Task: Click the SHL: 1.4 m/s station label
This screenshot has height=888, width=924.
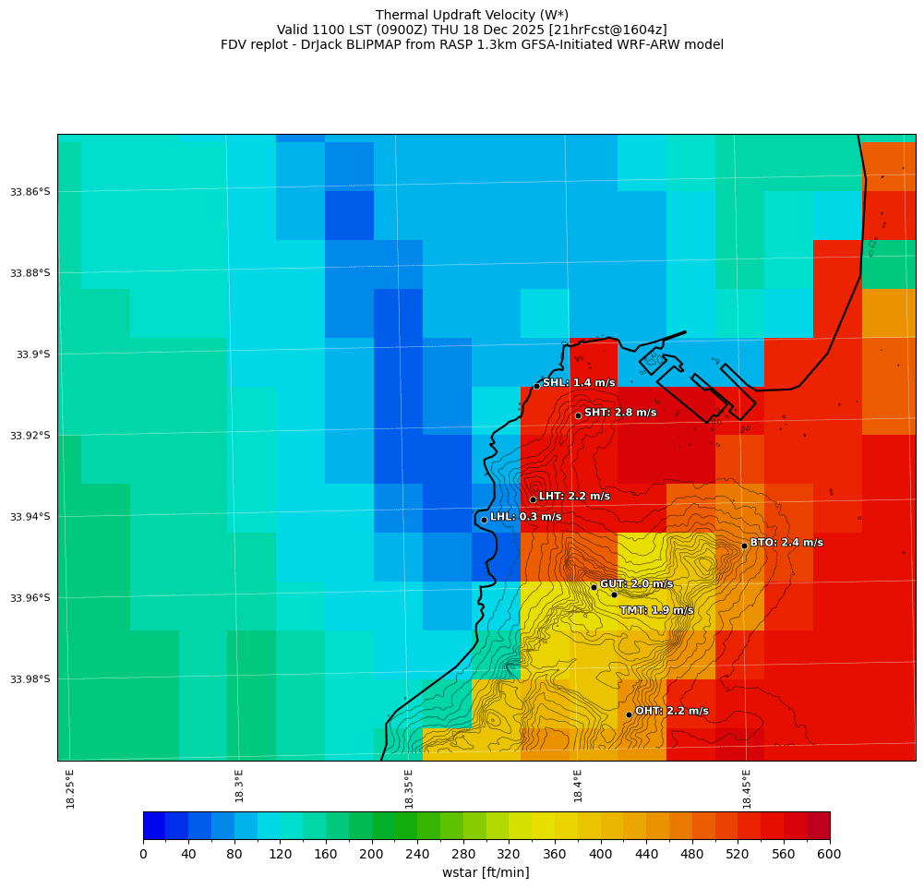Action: pyautogui.click(x=579, y=383)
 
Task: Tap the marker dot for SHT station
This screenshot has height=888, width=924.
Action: pyautogui.click(x=578, y=415)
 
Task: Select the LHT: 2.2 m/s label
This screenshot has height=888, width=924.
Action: pyautogui.click(x=574, y=497)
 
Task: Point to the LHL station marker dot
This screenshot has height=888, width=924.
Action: pyautogui.click(x=484, y=520)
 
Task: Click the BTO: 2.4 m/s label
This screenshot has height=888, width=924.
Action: pyautogui.click(x=786, y=543)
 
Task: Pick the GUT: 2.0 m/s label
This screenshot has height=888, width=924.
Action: pyautogui.click(x=636, y=584)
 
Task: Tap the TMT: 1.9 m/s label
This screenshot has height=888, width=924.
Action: pyautogui.click(x=656, y=610)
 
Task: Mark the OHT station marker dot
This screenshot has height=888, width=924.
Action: pyautogui.click(x=629, y=714)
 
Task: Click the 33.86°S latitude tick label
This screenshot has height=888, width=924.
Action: pyautogui.click(x=30, y=192)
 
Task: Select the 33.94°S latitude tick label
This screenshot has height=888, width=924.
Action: pyautogui.click(x=30, y=517)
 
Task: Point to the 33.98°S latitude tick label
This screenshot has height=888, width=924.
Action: pyautogui.click(x=30, y=679)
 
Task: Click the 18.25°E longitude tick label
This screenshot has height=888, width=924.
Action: pyautogui.click(x=71, y=788)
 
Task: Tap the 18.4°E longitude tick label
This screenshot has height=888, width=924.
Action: pyautogui.click(x=578, y=788)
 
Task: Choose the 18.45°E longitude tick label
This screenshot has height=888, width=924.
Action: pyautogui.click(x=747, y=788)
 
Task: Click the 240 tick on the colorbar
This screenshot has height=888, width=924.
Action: pyautogui.click(x=417, y=855)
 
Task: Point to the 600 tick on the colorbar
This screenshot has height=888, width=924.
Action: pyautogui.click(x=830, y=855)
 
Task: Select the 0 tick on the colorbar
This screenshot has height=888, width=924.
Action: pyautogui.click(x=143, y=855)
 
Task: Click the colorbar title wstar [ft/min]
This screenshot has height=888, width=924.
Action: pyautogui.click(x=486, y=872)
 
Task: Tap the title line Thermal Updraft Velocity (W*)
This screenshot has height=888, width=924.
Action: pyautogui.click(x=472, y=15)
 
